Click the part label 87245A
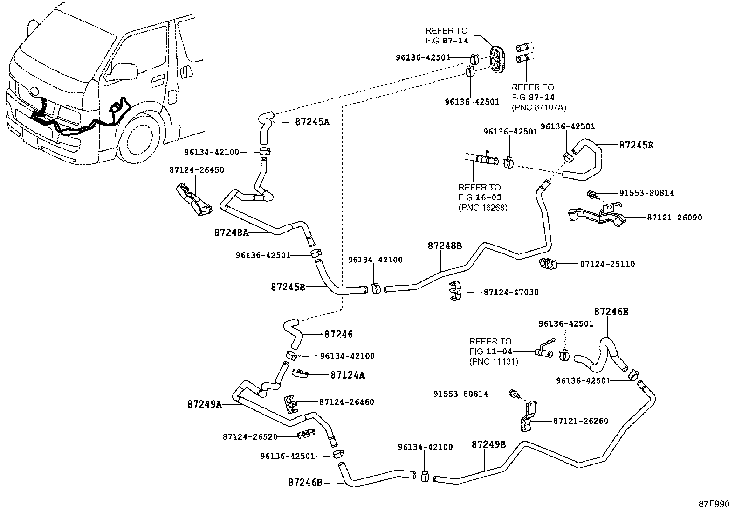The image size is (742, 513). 312,122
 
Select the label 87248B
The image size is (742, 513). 445,246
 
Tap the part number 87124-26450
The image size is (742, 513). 196,170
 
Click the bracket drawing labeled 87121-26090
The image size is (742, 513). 597,215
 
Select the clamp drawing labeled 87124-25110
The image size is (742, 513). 548,264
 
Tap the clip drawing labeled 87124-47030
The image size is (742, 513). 455,291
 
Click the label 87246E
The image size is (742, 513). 611,312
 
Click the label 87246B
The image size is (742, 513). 305,483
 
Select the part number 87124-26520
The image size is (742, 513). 250,437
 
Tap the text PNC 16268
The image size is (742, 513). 482,207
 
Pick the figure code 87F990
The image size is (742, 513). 713,505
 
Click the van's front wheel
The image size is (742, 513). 139,142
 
